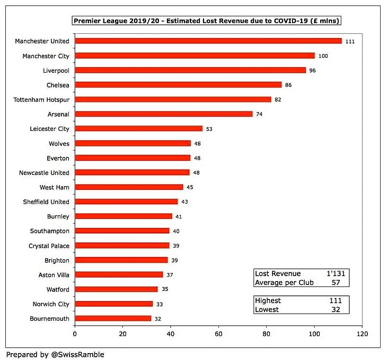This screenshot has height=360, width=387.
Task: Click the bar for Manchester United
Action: pyautogui.click(x=208, y=41)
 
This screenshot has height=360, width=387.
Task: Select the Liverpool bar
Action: pyautogui.click(x=190, y=70)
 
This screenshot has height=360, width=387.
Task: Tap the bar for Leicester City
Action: pyautogui.click(x=139, y=128)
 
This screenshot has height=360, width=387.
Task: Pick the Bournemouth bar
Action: pyautogui.click(x=113, y=319)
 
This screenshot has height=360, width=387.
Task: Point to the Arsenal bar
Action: pyautogui.click(x=164, y=114)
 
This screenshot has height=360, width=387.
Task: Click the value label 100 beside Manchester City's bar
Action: pyautogui.click(x=323, y=56)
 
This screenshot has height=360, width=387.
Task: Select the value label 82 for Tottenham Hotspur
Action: pyautogui.click(x=278, y=100)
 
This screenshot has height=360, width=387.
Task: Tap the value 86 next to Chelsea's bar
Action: pyautogui.click(x=288, y=85)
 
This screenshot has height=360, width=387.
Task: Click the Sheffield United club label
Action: pyautogui.click(x=46, y=202)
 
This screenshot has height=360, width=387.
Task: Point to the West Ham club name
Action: pyautogui.click(x=55, y=187)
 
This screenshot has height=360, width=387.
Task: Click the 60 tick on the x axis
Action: pyautogui.click(x=218, y=335)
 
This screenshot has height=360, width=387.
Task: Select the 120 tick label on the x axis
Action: pyautogui.click(x=362, y=335)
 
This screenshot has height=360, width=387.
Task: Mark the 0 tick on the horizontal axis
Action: pyautogui.click(x=75, y=335)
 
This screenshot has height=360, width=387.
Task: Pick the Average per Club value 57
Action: pyautogui.click(x=336, y=283)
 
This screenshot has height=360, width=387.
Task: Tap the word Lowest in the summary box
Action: pyautogui.click(x=267, y=310)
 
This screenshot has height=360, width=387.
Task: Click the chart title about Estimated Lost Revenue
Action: pyautogui.click(x=207, y=21)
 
